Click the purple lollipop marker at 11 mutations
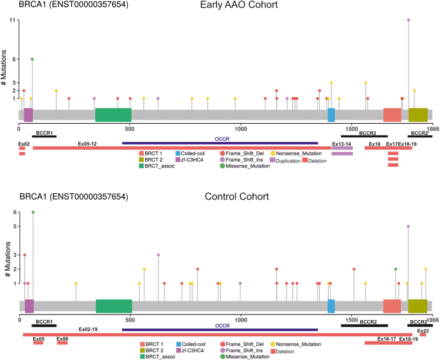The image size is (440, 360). coord(409,20)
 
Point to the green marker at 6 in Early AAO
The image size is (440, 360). coord(32,59)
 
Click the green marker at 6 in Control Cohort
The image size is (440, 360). coord(33,212)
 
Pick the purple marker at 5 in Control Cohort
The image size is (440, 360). coord(408,227)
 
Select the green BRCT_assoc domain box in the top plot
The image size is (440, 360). coord(113,115)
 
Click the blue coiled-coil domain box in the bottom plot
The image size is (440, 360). coord(331,306)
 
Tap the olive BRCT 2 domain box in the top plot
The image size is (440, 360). coord(418,115)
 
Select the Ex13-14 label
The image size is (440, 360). coord(342,144)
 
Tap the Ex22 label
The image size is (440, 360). coord(423,330)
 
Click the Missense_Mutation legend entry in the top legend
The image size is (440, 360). coord(245,167)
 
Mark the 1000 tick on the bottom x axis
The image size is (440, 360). coord(241,319)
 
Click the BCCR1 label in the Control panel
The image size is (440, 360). coord(44,320)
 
